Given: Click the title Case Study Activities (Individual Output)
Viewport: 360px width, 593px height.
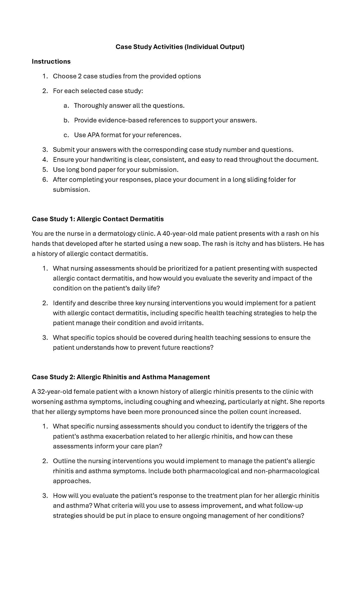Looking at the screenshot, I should [180, 47].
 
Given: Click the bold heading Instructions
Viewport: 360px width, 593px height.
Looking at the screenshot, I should [51, 62].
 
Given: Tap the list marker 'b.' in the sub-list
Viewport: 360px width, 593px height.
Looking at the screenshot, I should [66, 120].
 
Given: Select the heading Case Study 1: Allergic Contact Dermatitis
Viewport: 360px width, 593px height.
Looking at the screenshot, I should [98, 219].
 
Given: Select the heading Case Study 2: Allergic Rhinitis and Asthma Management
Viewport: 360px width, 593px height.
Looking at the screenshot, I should [121, 377].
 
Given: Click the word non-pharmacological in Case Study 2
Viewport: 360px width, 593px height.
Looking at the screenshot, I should [286, 471].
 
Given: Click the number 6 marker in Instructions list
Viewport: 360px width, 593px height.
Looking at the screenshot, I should [45, 180].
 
